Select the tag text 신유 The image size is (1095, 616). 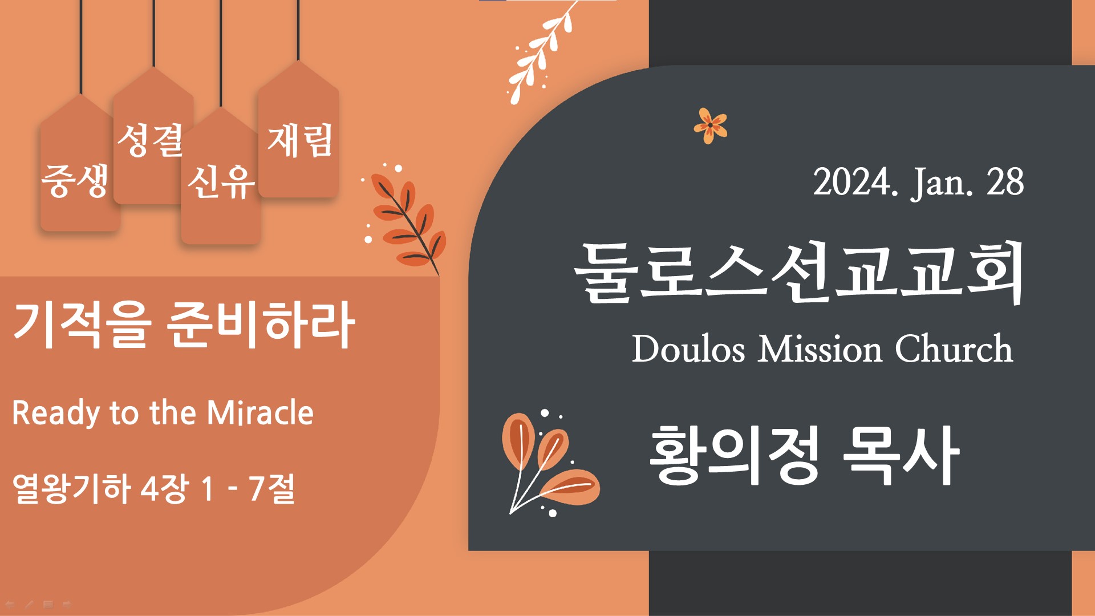(x=221, y=182)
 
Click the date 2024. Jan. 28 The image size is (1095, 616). (x=918, y=183)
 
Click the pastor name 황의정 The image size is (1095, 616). (x=735, y=455)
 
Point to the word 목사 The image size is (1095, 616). (x=901, y=455)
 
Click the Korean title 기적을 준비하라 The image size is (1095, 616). (x=184, y=325)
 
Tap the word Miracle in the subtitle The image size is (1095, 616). (x=260, y=412)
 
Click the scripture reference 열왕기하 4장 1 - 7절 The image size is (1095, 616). (x=153, y=489)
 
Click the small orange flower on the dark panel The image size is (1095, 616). (x=710, y=125)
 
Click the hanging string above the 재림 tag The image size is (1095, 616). (x=298, y=30)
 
